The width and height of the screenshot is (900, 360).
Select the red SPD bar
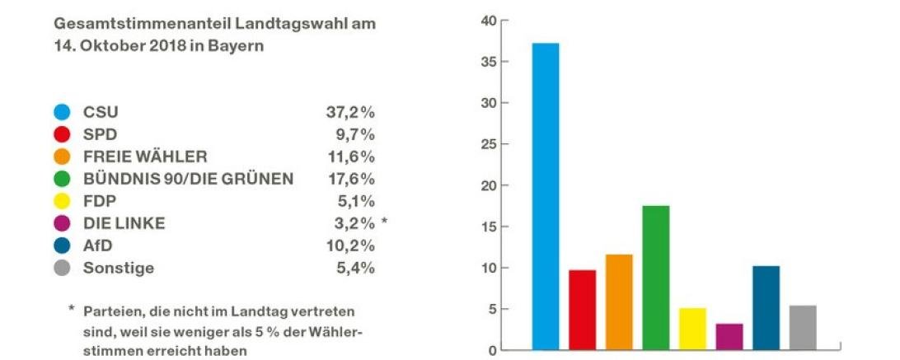pos(582,309)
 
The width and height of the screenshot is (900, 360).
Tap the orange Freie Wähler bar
pos(619,302)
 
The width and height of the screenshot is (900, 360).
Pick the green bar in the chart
pos(656,277)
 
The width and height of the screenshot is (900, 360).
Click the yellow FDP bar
pos(692,329)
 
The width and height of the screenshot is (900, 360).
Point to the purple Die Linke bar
pos(729,336)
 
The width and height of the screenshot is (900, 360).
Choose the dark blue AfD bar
pos(766,307)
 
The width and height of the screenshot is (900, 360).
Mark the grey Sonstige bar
pos(803,327)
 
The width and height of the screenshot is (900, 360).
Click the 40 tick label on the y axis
pos(490,21)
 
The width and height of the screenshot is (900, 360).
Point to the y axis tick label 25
pos(490,144)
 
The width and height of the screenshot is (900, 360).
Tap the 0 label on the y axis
pos(493,350)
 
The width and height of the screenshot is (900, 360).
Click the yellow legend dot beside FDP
pos(63,201)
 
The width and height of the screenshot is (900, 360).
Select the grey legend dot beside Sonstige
pos(63,268)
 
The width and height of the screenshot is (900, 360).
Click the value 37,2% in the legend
pos(350,112)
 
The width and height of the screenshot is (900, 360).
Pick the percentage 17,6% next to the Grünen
pos(350,179)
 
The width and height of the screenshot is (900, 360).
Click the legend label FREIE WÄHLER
pos(144,157)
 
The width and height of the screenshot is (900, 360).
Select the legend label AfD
pos(97,245)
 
